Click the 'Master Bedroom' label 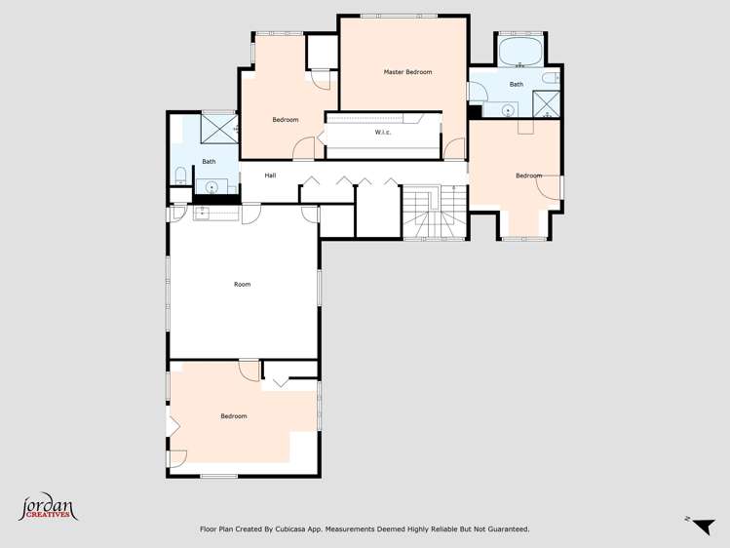click(407, 72)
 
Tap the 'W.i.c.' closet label click(383, 133)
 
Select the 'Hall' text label click(270, 175)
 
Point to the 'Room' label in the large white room click(242, 285)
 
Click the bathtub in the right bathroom click(520, 52)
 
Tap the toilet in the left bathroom click(181, 175)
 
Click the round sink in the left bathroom click(211, 184)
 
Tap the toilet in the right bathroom click(551, 78)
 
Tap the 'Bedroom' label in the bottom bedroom click(234, 416)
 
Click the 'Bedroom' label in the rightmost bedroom click(528, 176)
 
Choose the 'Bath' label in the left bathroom click(209, 162)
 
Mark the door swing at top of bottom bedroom click(250, 372)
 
